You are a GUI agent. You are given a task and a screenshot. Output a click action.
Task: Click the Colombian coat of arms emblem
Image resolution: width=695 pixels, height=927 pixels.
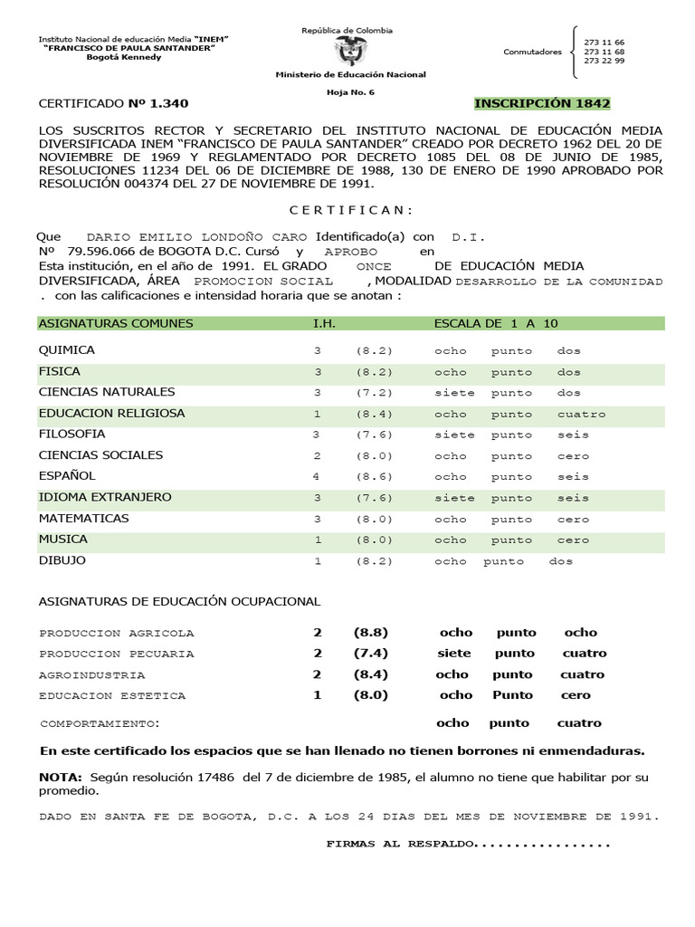[347, 51]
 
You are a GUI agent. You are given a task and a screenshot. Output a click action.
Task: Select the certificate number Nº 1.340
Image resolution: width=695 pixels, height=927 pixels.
[159, 103]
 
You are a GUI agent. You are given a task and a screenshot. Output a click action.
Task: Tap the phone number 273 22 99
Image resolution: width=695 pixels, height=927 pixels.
[604, 62]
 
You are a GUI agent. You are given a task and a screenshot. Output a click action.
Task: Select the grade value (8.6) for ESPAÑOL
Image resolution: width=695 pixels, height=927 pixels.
[374, 476]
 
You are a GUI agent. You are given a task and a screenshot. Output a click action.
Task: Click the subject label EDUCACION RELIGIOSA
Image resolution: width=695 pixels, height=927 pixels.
[111, 414]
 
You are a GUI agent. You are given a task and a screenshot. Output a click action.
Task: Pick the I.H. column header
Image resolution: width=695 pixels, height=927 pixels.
[324, 323]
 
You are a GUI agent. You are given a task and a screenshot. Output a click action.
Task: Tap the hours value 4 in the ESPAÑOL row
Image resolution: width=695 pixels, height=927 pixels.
[317, 476]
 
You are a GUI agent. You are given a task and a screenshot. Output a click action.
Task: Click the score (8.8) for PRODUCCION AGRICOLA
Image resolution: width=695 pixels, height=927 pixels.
[371, 633]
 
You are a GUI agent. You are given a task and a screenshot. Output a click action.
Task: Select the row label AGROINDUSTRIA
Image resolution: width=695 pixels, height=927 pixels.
[91, 675]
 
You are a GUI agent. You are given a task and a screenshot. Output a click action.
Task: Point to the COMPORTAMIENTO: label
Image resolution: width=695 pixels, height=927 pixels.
[100, 724]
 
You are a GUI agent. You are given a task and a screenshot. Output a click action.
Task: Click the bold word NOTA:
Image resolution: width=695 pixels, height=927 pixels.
[61, 778]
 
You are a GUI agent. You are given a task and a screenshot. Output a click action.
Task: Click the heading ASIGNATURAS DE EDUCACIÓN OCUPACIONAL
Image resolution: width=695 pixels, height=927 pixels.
[179, 602]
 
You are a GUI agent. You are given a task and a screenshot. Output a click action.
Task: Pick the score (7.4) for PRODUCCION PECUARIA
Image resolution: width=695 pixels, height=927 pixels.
[371, 654]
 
